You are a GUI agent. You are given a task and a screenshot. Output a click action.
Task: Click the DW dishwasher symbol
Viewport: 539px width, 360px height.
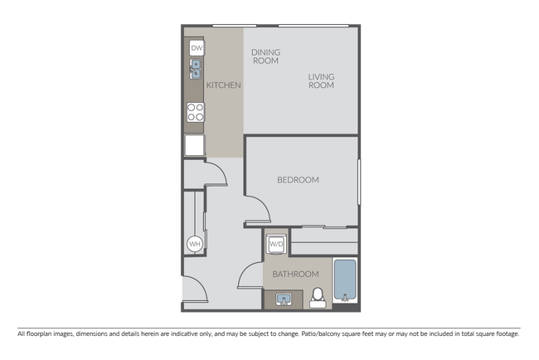pyautogui.click(x=197, y=49)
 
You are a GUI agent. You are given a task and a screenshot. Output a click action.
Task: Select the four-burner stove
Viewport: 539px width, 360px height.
pyautogui.click(x=196, y=112)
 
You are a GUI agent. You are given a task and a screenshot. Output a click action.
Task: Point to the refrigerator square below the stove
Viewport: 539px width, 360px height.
pyautogui.click(x=195, y=146)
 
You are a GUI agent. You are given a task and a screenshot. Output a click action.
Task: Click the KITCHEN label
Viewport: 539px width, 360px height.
pyautogui.click(x=224, y=85)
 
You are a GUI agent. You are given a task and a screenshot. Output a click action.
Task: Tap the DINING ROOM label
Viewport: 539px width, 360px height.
pyautogui.click(x=265, y=56)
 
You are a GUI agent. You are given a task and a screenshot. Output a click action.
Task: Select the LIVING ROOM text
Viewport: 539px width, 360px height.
pyautogui.click(x=321, y=80)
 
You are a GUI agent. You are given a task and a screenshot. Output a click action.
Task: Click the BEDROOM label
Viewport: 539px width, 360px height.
pyautogui.click(x=298, y=179)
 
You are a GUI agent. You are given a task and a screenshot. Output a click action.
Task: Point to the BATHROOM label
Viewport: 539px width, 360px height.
pyautogui.click(x=296, y=275)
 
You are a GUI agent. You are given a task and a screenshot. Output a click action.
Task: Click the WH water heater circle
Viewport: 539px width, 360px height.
pyautogui.click(x=195, y=244)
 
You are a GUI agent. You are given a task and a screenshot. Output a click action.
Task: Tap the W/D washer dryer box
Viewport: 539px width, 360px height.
pyautogui.click(x=276, y=245)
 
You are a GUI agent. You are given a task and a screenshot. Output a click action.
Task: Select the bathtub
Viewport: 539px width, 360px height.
pyautogui.click(x=345, y=282)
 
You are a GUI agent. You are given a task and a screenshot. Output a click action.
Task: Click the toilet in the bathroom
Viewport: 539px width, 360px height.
pyautogui.click(x=317, y=297)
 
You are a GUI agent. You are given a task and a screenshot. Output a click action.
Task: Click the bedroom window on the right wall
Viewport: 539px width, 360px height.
pyautogui.click(x=359, y=180)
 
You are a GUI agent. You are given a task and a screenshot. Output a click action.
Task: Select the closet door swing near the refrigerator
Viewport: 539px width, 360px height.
pyautogui.click(x=214, y=173)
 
